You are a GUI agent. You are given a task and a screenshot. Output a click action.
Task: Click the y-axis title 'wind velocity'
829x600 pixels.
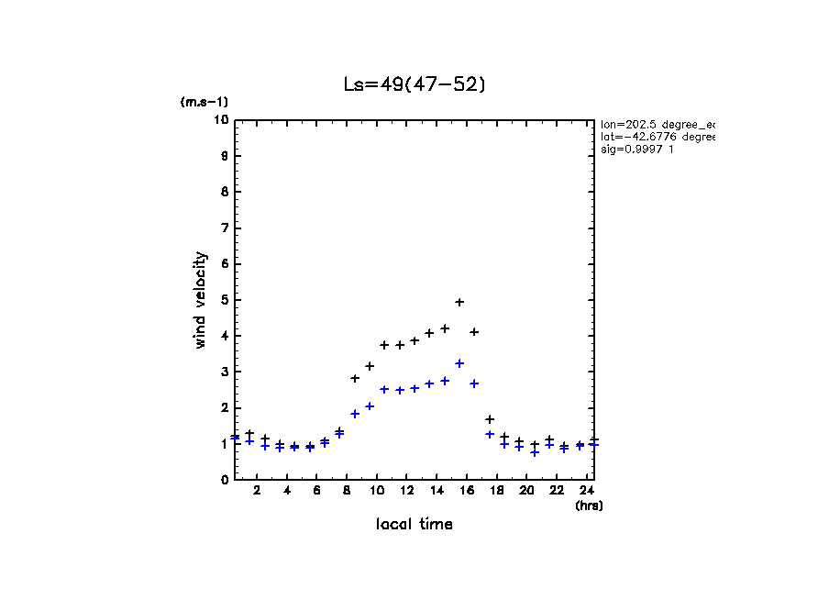200,301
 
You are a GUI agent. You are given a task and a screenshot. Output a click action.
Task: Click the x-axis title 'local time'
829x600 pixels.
414,524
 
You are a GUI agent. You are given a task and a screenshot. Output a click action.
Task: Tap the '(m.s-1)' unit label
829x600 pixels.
204,102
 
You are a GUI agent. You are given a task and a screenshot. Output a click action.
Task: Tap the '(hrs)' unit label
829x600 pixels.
589,505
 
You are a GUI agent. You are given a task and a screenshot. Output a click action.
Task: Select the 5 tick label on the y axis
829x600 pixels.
224,300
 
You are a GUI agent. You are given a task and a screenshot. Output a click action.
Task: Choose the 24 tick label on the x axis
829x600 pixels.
586,491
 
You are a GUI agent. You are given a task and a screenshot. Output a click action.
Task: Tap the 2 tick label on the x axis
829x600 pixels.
257,491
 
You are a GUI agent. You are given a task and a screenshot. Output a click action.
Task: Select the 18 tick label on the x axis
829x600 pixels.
496,491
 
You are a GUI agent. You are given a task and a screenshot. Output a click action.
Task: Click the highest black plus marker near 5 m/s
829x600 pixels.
459,302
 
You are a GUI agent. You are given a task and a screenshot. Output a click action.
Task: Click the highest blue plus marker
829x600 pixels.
459,363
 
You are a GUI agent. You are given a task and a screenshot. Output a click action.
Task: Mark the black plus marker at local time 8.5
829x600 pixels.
355,378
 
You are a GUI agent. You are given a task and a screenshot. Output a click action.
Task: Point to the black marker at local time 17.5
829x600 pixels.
490,419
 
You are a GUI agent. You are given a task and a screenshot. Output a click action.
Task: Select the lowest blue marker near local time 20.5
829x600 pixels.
535,452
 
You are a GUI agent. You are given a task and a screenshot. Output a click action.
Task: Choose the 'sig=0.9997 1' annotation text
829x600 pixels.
638,150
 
